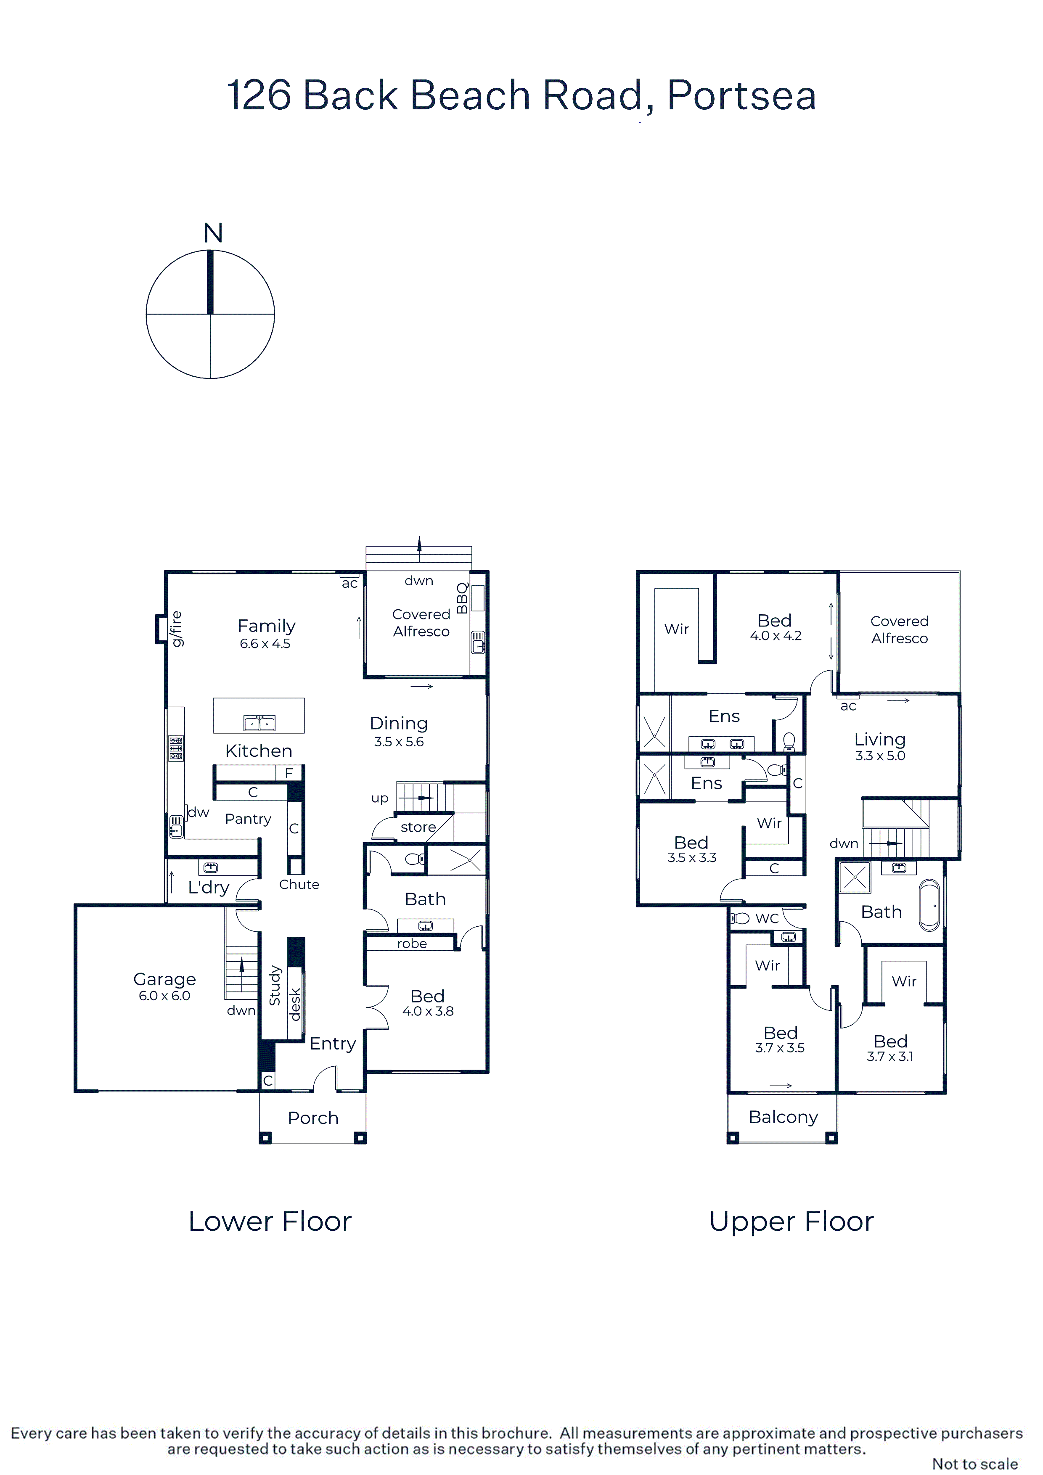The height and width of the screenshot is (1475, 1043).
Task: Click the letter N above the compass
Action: coord(213,233)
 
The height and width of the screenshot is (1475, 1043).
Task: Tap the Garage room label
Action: coord(164,980)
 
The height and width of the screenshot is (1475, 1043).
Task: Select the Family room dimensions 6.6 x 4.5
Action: coord(265,644)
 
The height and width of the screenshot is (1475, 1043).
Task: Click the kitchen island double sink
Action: coord(259,723)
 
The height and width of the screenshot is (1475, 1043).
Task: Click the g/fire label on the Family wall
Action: coord(176,629)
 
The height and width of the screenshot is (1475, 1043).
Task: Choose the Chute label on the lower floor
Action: coord(299,885)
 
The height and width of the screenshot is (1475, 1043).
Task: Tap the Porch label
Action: coord(313,1118)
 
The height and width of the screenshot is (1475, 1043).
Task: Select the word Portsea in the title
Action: coord(741,96)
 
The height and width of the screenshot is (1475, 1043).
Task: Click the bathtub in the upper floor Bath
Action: coord(929,906)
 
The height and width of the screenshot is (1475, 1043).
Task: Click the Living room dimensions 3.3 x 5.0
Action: coord(880,756)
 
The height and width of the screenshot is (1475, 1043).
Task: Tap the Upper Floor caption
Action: coord(791,1222)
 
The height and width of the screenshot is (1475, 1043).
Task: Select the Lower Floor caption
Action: coord(270,1222)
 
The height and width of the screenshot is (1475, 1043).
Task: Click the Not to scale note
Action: coord(975,1464)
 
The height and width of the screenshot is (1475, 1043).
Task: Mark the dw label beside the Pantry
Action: coord(199,812)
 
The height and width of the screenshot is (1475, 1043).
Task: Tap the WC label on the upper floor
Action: coord(767,919)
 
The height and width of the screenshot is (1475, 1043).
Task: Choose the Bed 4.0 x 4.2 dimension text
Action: coord(776,636)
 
